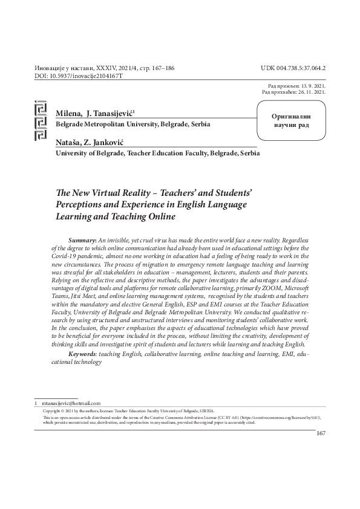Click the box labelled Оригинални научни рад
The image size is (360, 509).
(x=292, y=120)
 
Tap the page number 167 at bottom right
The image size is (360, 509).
(x=321, y=433)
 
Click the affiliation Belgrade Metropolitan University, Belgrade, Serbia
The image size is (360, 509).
(x=133, y=124)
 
